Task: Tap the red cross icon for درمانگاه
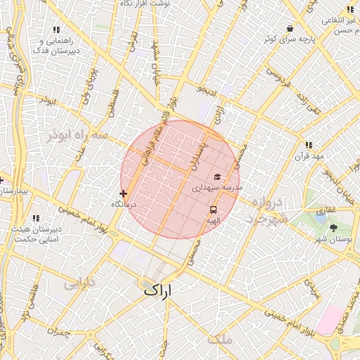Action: click(x=124, y=193)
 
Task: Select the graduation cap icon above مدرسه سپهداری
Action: click(x=217, y=176)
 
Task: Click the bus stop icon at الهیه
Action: click(x=213, y=209)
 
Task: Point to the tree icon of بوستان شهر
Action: click(x=333, y=228)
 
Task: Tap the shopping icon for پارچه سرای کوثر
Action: click(x=290, y=28)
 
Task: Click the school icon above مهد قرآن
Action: click(x=308, y=145)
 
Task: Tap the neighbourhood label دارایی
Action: click(x=79, y=285)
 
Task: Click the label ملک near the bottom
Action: click(x=219, y=340)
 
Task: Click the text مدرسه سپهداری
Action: click(x=218, y=188)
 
